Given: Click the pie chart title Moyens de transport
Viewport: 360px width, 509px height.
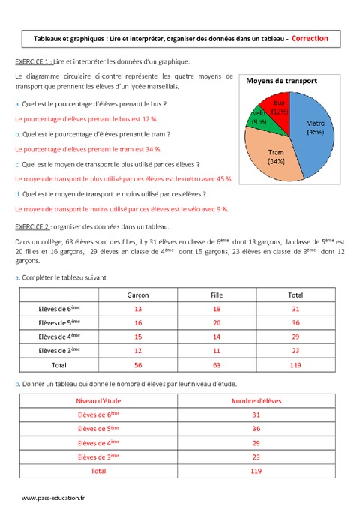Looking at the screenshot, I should click(282, 81).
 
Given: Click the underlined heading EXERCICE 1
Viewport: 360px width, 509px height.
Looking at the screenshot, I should click(35, 61).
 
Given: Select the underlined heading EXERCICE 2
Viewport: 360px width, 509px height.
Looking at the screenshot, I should click(35, 226).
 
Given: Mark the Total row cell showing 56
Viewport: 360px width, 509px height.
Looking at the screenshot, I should click(137, 365).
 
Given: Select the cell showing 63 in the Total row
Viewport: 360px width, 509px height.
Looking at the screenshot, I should click(217, 365).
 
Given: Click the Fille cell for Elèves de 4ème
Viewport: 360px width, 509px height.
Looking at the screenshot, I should click(217, 337).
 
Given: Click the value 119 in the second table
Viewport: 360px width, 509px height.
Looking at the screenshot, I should click(256, 471).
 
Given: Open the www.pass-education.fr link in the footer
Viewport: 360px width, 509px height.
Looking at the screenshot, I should click(53, 498).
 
